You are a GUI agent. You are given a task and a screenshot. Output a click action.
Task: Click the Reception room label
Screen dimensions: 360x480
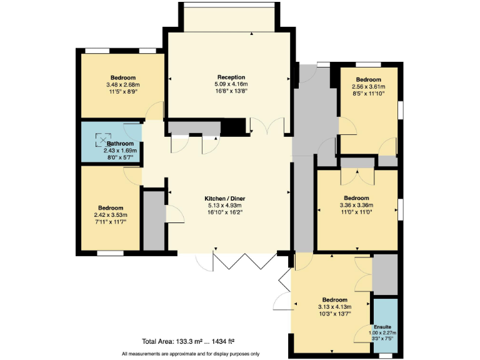(x=228, y=77)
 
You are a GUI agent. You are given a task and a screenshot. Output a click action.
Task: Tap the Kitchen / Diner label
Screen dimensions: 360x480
(x=228, y=198)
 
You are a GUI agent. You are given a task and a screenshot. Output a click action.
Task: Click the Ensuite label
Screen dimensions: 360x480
(x=383, y=326)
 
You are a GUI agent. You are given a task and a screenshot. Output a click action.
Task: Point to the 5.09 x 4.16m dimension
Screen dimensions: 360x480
(x=228, y=84)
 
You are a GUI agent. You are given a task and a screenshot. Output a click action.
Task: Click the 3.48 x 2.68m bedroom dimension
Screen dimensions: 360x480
(x=123, y=84)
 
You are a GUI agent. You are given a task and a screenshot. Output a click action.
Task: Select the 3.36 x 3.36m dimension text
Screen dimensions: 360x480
(x=356, y=205)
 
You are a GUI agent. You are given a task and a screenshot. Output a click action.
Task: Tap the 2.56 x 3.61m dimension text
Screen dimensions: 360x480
(x=369, y=87)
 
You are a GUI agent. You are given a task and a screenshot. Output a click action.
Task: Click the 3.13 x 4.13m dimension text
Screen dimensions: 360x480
(x=334, y=306)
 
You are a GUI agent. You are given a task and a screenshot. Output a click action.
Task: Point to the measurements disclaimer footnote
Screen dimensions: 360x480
(x=191, y=354)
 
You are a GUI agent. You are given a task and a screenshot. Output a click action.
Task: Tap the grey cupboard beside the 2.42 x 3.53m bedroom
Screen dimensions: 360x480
(x=153, y=221)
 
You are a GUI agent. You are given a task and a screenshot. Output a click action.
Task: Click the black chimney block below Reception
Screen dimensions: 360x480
(x=235, y=127)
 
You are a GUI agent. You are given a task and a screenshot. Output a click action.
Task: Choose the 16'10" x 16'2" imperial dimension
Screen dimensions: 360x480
(x=228, y=212)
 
